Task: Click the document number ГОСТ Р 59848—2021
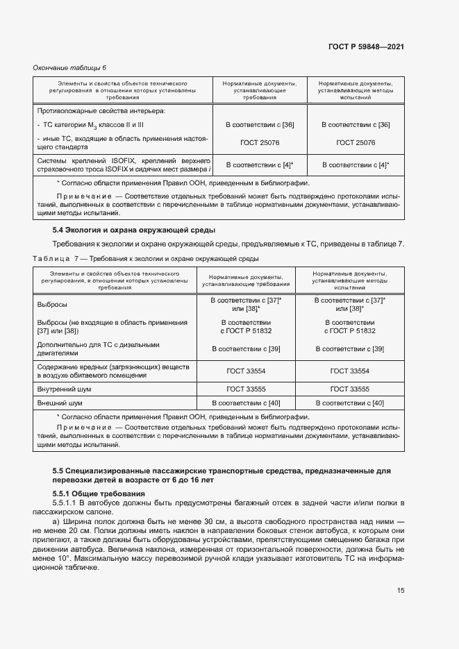tap(366, 47)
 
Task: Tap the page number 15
tap(401, 591)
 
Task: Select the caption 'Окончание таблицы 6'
tap(70, 67)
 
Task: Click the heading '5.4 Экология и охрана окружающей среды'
tap(134, 230)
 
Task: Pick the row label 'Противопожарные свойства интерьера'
tap(101, 111)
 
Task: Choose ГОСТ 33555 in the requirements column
tap(244, 389)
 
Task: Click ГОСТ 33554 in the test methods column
tap(349, 371)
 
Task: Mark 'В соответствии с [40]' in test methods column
tap(349, 403)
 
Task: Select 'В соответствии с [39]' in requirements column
tap(246, 348)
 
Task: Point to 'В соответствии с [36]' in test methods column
tap(355, 124)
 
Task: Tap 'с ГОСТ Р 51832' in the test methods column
tap(349, 331)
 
